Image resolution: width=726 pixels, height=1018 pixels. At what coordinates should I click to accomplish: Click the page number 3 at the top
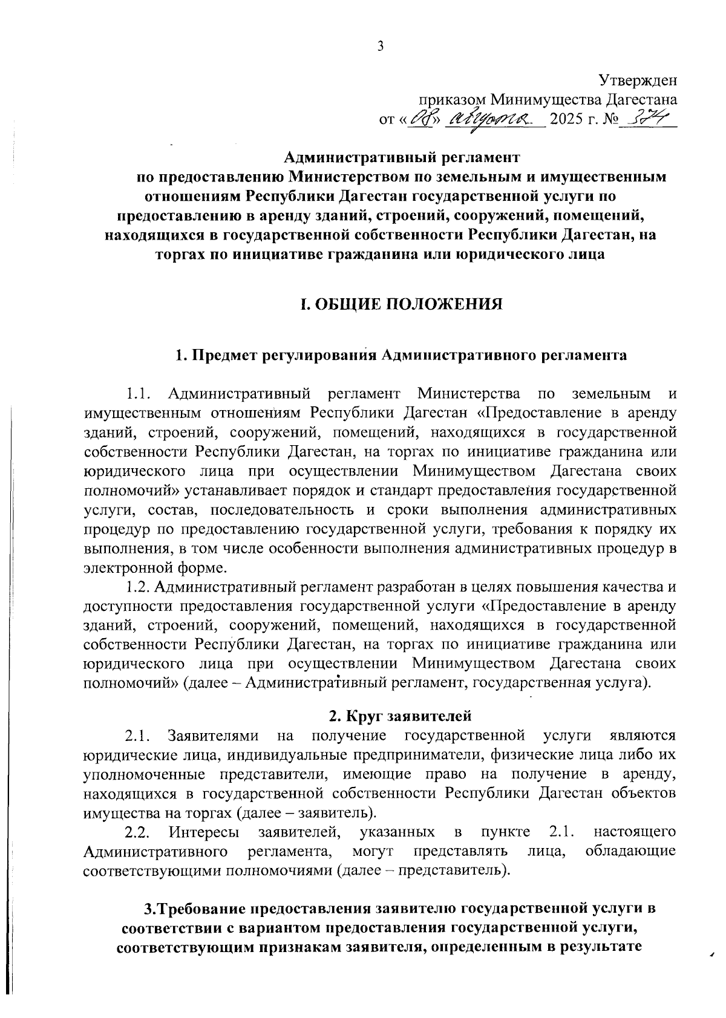381,46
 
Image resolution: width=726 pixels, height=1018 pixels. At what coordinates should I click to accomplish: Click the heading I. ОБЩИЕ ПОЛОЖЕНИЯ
402,304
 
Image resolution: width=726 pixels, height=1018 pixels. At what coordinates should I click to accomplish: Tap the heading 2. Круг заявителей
400,717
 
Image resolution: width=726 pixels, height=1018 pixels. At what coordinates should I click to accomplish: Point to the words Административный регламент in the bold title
402,158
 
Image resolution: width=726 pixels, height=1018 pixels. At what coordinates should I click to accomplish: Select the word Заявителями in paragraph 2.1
214,736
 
